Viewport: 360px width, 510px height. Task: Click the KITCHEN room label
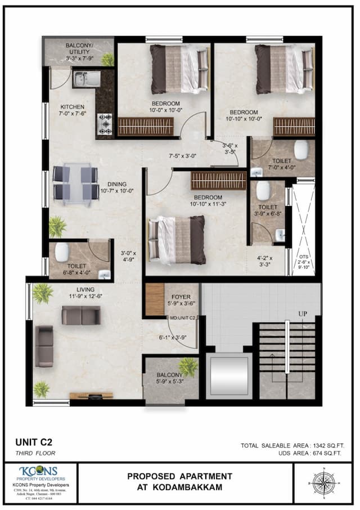pos(73,107)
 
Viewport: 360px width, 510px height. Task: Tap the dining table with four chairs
pos(75,184)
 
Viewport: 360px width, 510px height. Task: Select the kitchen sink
pos(86,79)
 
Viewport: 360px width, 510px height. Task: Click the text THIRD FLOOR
pos(35,452)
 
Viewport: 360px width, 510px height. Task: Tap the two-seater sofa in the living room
pos(81,315)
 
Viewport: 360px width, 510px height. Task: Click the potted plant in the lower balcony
pos(188,368)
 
